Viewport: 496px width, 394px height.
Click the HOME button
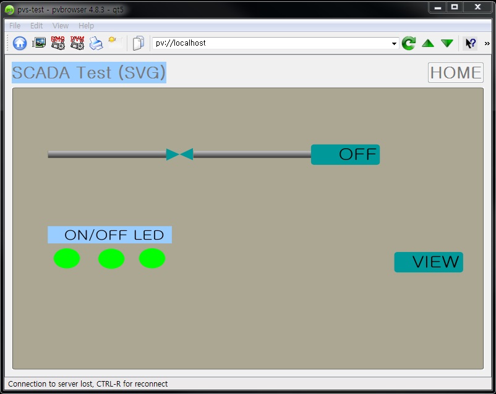455,72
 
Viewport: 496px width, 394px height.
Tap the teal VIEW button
429,262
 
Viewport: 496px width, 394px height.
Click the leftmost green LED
67,259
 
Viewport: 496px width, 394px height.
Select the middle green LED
111,259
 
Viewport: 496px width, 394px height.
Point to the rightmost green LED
152,259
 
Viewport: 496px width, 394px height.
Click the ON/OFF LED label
110,235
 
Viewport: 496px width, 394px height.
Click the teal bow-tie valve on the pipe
180,154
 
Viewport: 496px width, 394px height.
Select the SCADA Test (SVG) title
89,72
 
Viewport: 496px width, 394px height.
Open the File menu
15,26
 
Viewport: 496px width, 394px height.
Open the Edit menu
36,26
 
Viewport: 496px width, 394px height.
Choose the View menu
61,26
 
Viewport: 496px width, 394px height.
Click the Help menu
87,26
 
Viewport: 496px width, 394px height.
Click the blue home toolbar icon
20,43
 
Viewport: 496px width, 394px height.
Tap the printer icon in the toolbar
96,43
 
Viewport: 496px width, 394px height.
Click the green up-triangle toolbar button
428,43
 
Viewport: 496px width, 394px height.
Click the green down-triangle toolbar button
447,43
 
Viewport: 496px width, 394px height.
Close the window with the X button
477,7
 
